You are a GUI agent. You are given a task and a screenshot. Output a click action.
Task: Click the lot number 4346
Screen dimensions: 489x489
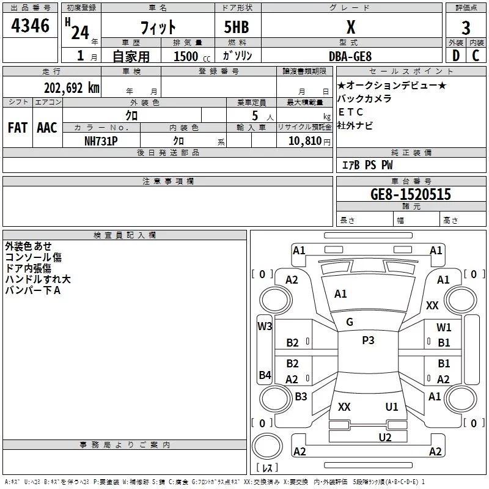[30, 26]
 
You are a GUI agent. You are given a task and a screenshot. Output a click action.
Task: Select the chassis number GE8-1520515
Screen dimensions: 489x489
[411, 194]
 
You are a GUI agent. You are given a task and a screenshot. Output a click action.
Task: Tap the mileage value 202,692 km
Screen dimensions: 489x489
[72, 88]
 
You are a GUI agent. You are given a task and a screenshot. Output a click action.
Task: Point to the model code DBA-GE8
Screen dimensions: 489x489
[350, 56]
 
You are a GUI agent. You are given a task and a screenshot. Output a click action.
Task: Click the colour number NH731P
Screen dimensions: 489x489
[101, 141]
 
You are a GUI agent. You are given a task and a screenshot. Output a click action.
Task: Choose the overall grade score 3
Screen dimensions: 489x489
[466, 28]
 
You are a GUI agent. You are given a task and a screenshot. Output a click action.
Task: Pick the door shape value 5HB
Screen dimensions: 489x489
[237, 27]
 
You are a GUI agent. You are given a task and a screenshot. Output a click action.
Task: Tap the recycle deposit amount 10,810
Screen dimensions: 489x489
[305, 141]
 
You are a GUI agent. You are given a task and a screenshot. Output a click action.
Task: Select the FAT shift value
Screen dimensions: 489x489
[18, 128]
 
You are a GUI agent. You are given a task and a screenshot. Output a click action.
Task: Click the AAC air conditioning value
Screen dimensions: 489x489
[47, 128]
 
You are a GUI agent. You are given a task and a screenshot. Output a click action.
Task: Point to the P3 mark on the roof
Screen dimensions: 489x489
[368, 340]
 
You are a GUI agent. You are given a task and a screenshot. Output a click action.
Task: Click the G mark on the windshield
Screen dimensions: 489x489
[350, 322]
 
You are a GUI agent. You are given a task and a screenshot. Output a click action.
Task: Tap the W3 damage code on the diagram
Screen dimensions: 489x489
[265, 326]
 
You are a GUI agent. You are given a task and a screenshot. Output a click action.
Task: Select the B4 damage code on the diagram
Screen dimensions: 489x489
[265, 375]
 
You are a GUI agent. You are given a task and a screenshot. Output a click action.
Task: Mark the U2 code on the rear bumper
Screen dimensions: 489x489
[385, 438]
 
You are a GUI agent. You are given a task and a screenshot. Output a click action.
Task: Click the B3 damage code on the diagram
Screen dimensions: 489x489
[301, 396]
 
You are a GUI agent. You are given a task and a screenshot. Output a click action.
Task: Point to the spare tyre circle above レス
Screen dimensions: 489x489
[267, 446]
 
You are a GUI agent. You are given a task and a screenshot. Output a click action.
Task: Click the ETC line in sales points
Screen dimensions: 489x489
[351, 112]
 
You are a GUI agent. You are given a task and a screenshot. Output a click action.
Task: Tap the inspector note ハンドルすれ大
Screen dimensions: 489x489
[38, 279]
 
